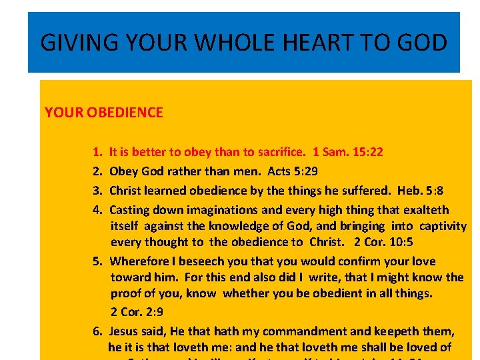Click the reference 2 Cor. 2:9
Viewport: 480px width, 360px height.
click(137, 311)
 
